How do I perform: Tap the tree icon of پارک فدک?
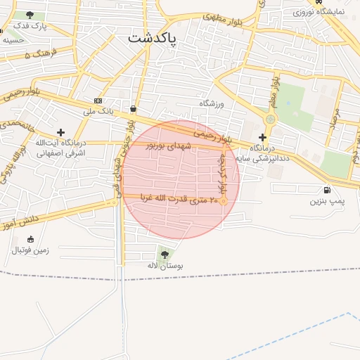29,15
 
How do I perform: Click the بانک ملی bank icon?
98,101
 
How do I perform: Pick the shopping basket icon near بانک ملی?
134,108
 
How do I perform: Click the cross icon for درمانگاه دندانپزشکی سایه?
263,137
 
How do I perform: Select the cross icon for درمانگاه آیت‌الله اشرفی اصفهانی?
61,131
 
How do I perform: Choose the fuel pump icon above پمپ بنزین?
328,191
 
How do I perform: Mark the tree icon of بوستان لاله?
165,255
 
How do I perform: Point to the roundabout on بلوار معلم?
271,120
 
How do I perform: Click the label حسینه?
13,40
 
